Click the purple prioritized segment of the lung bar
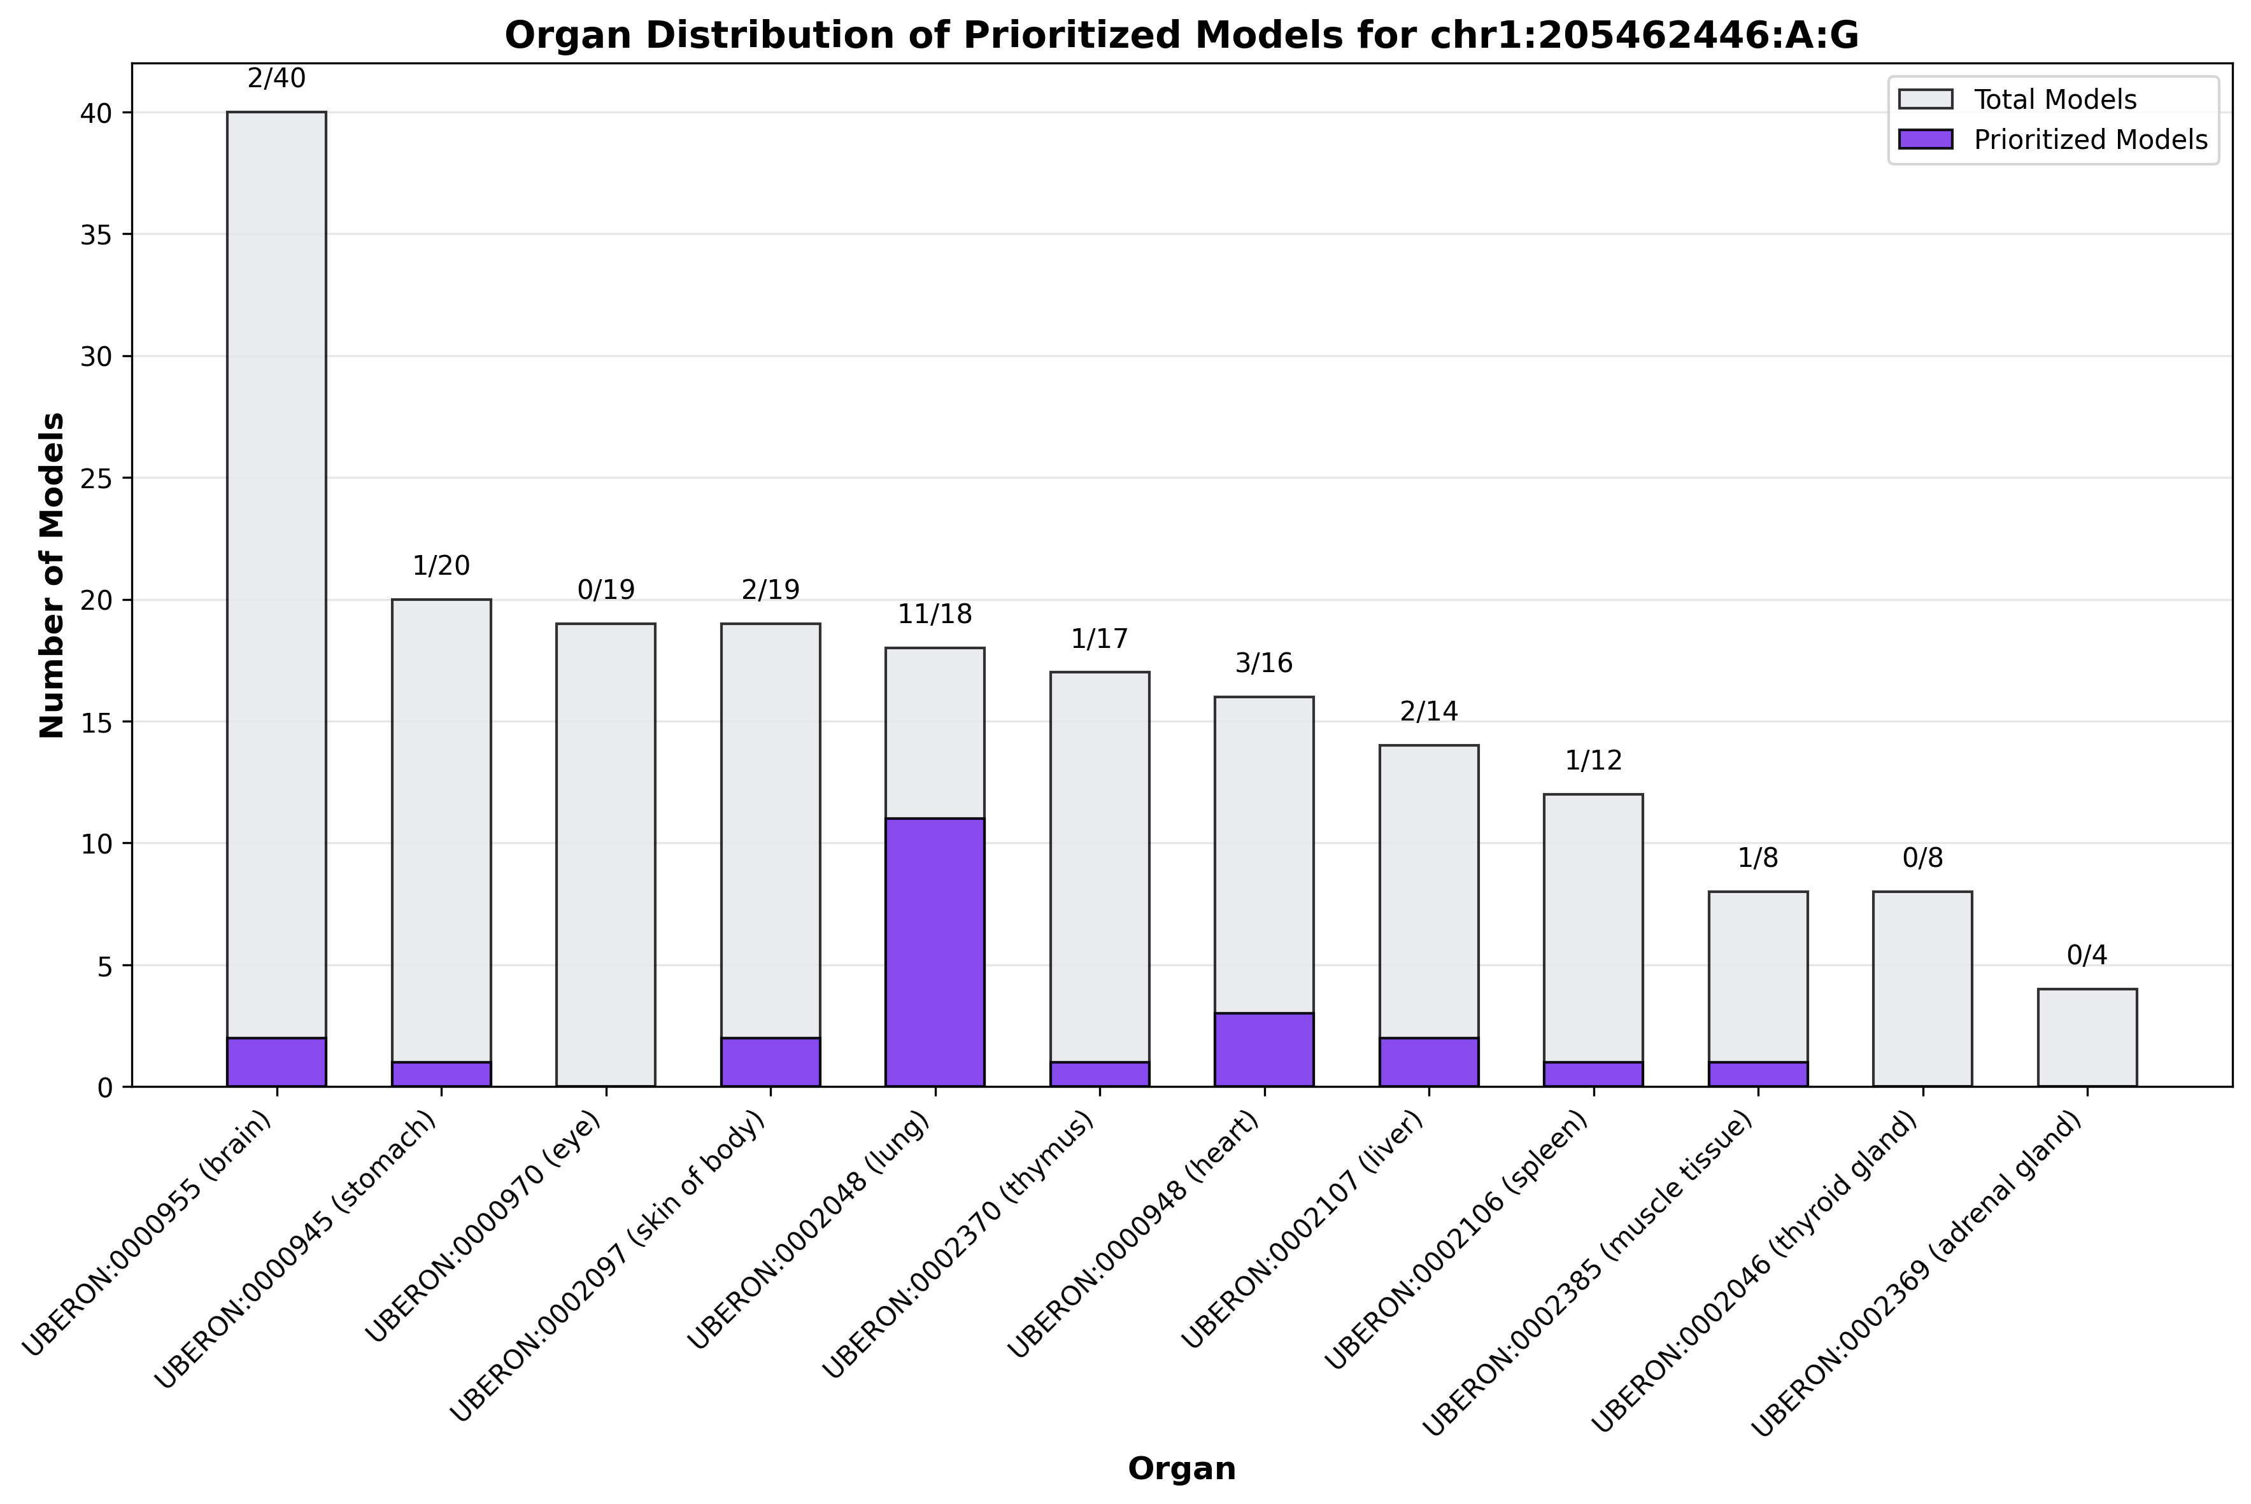(935, 952)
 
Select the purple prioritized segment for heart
(1263, 1050)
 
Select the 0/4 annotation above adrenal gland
(2087, 955)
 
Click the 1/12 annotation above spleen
(1593, 761)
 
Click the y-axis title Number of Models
(53, 575)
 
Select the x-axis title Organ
(1181, 1468)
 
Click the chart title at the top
(1181, 36)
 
